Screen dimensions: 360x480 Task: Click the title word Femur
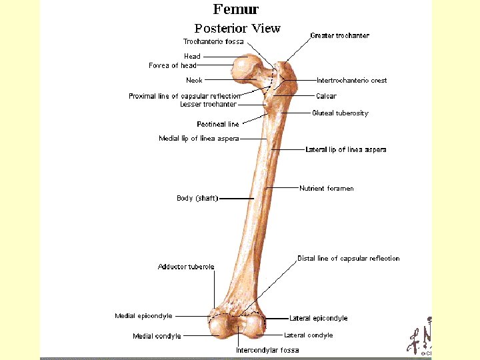tap(235, 9)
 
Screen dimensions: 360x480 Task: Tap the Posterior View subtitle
tap(237, 29)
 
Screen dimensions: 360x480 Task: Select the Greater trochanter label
tap(339, 35)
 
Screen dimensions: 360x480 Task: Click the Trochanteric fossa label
tap(214, 41)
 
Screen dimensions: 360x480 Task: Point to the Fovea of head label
tap(173, 65)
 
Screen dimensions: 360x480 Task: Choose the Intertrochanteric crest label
tap(351, 81)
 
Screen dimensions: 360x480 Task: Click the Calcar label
tap(326, 96)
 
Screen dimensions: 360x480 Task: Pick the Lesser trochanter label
tap(208, 105)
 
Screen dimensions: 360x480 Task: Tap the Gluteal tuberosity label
tap(340, 113)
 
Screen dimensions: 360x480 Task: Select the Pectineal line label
tap(217, 124)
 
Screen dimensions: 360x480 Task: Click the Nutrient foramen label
tap(327, 189)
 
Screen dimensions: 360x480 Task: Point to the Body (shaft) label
tap(197, 198)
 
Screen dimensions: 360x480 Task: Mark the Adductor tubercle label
tap(186, 267)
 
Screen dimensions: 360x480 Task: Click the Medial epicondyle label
tap(143, 316)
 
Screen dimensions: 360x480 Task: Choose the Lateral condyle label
tap(308, 335)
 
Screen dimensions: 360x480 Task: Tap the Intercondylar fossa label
tap(267, 350)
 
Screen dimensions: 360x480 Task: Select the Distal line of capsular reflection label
tap(348, 258)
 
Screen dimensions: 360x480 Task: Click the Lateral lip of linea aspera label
tap(345, 150)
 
